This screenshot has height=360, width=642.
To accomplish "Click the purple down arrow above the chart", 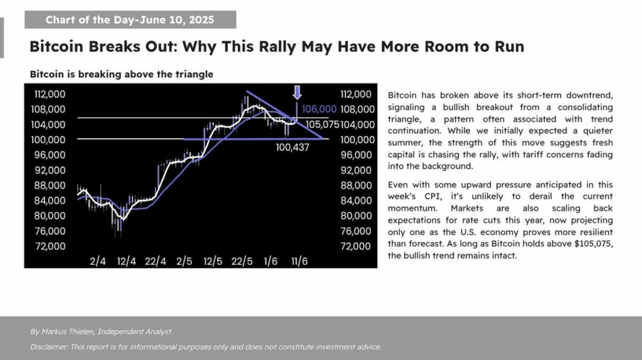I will click(x=297, y=93).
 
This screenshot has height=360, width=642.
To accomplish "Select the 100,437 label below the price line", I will click(x=293, y=149).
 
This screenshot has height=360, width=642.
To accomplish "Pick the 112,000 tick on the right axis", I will click(x=356, y=94).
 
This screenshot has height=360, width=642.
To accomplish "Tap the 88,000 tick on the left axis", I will click(x=48, y=185).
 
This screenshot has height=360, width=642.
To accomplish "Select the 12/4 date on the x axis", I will click(x=126, y=260).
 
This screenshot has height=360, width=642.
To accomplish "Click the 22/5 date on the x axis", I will click(x=242, y=260).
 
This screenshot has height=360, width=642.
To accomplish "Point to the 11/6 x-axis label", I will click(x=299, y=260).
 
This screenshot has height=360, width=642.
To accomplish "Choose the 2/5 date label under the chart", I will click(x=184, y=260).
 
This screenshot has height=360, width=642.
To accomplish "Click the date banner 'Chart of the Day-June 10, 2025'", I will click(x=130, y=20).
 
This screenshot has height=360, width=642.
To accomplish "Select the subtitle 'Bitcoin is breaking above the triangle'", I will click(x=122, y=74).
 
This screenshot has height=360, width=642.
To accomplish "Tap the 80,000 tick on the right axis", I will click(x=356, y=216).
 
